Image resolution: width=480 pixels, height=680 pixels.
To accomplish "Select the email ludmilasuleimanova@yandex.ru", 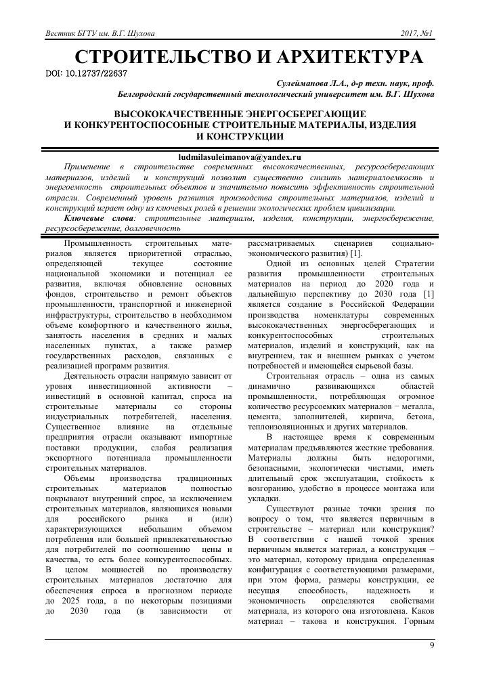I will pos(239,156).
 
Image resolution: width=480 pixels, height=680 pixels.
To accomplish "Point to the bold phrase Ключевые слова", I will pos(99,219).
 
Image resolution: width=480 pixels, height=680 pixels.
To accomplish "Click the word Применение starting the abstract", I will pos(89,167).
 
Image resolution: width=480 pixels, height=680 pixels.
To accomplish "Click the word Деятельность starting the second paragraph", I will pos(93,375).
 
